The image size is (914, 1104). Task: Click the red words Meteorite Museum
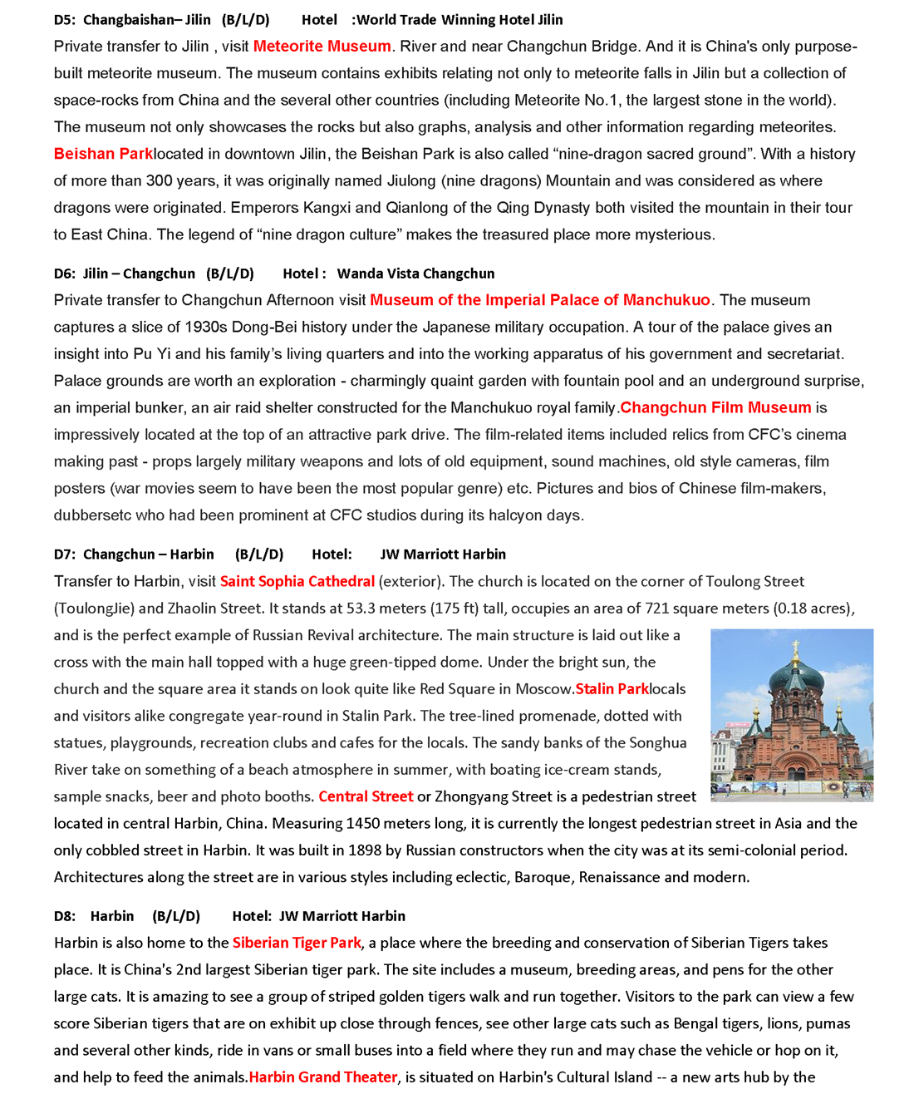click(322, 47)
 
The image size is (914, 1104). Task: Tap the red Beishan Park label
click(103, 154)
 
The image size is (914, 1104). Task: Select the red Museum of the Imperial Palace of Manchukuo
click(540, 300)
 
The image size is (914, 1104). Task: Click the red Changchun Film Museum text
click(715, 407)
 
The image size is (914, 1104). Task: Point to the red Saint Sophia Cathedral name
click(297, 581)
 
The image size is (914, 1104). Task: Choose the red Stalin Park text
click(612, 689)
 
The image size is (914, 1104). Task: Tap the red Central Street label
click(366, 796)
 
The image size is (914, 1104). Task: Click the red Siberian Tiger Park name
click(297, 943)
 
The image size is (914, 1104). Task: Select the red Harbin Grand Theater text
click(323, 1077)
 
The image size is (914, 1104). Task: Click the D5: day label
click(65, 20)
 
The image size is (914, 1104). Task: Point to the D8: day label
click(65, 916)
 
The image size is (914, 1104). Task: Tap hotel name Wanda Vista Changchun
click(415, 274)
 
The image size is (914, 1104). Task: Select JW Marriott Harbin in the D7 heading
click(443, 554)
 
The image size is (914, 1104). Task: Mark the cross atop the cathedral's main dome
click(795, 646)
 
